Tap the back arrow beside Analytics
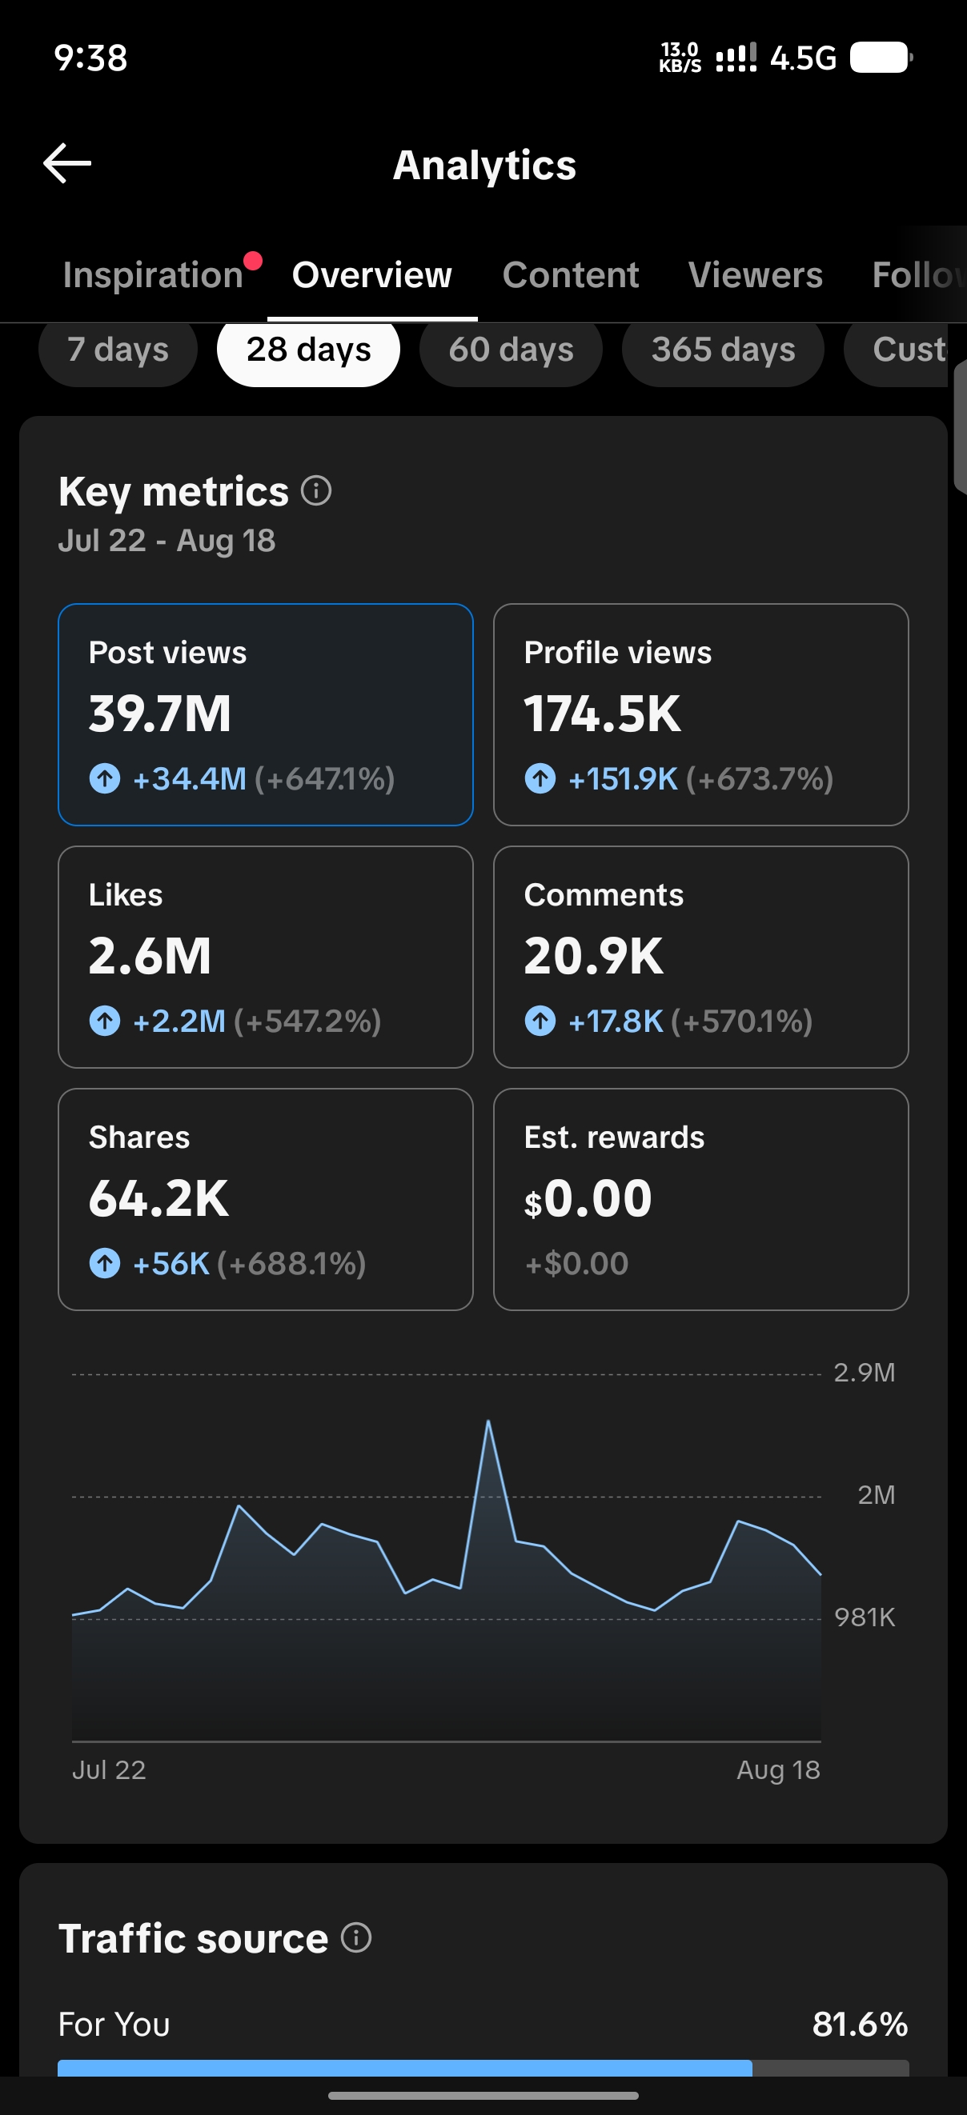tap(66, 163)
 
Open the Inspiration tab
tap(153, 275)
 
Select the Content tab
tap(570, 275)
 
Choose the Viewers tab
tap(755, 275)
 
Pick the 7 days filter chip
tap(118, 350)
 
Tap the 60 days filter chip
tap(511, 350)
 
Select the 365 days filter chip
tap(723, 350)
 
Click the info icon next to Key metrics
tap(316, 491)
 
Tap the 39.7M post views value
tap(160, 714)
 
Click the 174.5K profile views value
tap(602, 714)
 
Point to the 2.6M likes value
tap(150, 956)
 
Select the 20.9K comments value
tap(593, 956)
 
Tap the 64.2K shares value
tap(158, 1198)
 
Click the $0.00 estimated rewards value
tap(588, 1198)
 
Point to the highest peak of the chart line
tap(488, 1421)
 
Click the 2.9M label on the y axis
tap(865, 1373)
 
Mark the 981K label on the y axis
tap(865, 1617)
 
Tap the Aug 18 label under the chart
tap(778, 1770)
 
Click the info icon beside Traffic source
tap(356, 1937)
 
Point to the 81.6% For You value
tap(861, 2025)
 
